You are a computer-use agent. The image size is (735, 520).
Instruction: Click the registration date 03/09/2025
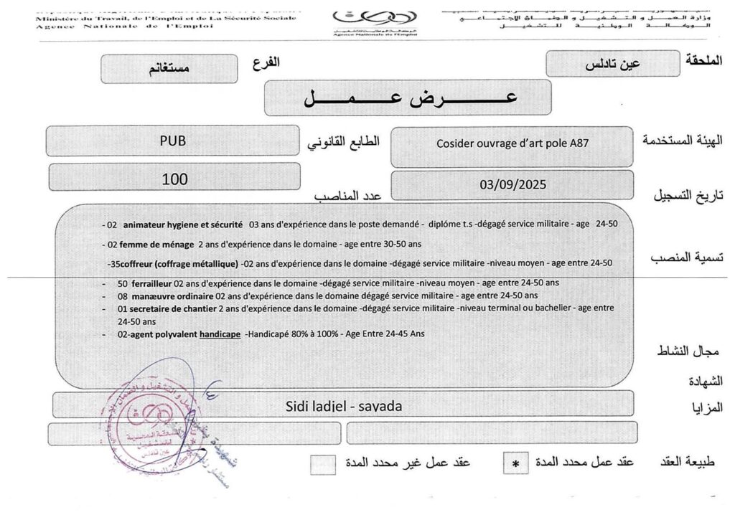(x=512, y=184)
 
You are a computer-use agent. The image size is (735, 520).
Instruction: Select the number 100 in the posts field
(x=174, y=179)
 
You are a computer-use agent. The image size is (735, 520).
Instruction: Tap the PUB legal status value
(x=172, y=141)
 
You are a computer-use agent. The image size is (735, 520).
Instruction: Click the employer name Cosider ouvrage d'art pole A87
(x=512, y=143)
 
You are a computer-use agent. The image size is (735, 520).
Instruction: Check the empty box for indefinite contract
(x=322, y=464)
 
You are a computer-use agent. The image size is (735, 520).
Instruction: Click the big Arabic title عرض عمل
(x=408, y=98)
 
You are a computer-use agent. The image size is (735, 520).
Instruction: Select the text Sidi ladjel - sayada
(x=343, y=406)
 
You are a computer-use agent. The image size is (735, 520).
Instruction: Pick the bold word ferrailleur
(x=151, y=283)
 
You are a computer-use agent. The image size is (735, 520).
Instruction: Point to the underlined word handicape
(x=220, y=334)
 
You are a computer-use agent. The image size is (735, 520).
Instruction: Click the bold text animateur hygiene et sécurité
(x=183, y=224)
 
